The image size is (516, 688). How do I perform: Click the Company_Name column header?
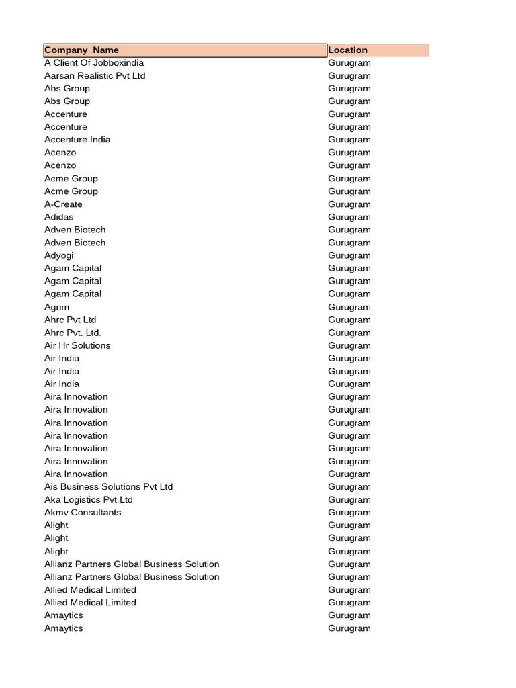(x=81, y=50)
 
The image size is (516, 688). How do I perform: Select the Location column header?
(x=347, y=50)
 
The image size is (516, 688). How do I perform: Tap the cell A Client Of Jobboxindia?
(x=94, y=63)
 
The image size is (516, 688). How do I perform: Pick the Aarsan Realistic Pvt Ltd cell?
(x=95, y=76)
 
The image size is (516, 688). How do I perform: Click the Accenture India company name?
(x=77, y=140)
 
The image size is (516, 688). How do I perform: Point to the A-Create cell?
(x=63, y=204)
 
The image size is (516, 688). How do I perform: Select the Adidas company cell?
(x=59, y=217)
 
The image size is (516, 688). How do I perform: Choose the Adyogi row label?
(x=59, y=255)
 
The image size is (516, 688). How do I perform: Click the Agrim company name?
(x=56, y=307)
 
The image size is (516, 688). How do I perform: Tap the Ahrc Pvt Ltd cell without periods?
(x=71, y=320)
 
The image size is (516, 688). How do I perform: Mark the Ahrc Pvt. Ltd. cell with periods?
(x=73, y=333)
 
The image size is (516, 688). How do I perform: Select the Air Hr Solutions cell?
(x=77, y=345)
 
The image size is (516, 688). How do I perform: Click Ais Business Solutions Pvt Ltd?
(x=108, y=486)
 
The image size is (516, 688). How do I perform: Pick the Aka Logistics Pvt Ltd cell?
(x=89, y=499)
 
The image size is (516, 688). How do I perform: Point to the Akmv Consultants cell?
(x=83, y=512)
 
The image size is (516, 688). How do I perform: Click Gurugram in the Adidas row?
(x=349, y=217)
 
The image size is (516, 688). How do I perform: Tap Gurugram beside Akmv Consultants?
(x=349, y=512)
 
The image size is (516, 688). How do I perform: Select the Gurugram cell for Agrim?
(x=349, y=307)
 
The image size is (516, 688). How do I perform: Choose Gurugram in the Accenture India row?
(x=349, y=140)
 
